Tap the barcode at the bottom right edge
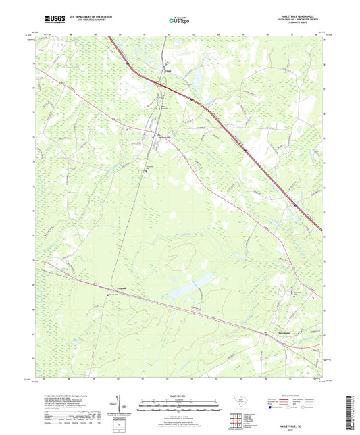pos(353,410)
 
